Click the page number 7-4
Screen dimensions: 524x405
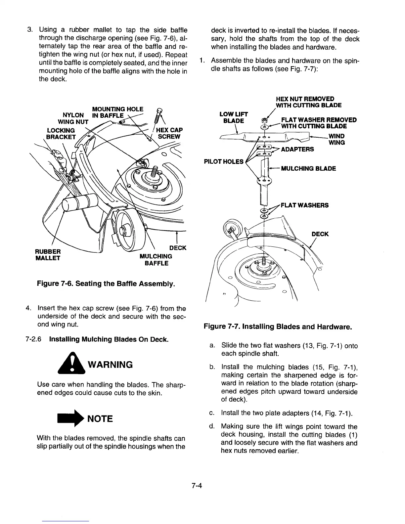click(197, 486)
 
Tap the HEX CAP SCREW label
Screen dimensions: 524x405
click(170, 133)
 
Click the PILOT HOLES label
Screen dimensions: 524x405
click(224, 162)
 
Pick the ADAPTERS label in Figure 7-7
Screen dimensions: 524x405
click(297, 150)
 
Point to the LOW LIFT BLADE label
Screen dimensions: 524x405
click(234, 117)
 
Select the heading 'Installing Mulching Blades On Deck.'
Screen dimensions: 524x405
click(109, 339)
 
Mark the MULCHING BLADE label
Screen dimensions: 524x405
click(308, 168)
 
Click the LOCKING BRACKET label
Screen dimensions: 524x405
click(61, 133)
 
